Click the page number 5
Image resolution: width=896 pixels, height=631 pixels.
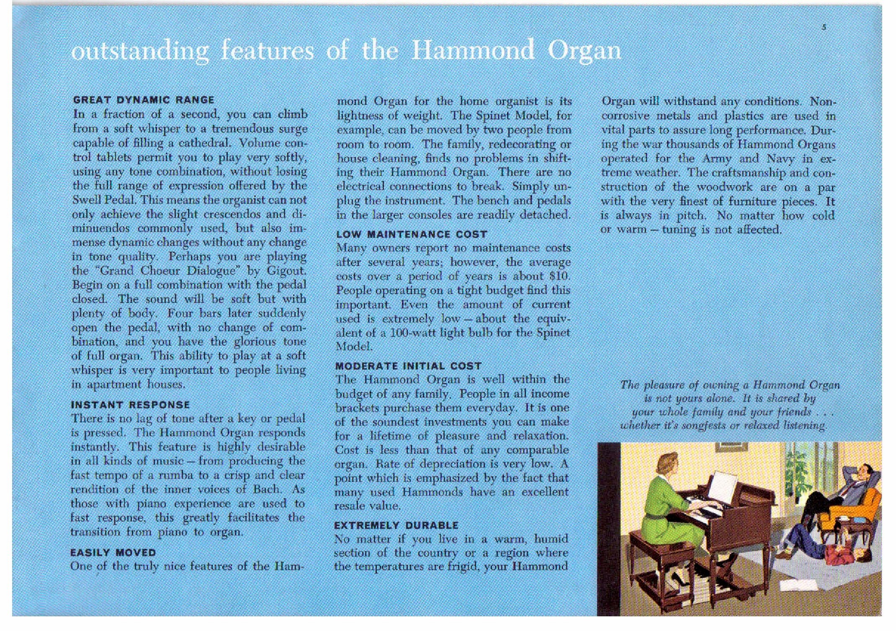[x=824, y=28]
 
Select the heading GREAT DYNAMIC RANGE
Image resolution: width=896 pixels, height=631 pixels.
[x=144, y=100]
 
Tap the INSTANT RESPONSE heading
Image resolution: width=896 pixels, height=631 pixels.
[x=130, y=405]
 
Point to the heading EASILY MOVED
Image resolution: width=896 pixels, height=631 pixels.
[x=113, y=552]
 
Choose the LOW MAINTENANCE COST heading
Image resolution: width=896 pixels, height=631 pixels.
[x=412, y=234]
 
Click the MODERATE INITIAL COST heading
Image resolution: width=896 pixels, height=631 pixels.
[x=408, y=366]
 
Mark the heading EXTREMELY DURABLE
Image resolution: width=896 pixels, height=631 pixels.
[x=396, y=525]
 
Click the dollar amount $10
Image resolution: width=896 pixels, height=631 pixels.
[x=559, y=276]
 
